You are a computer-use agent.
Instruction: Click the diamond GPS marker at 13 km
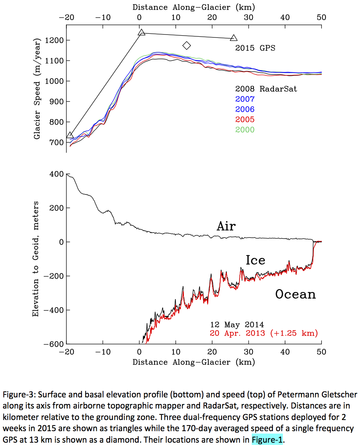pos(187,45)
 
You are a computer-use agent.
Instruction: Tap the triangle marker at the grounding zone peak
pos(141,33)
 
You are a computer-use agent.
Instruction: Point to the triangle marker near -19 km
pos(70,135)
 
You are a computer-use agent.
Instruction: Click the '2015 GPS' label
pos(255,48)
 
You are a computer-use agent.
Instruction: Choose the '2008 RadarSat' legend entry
pos(266,89)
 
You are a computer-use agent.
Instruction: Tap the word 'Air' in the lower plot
pos(226,226)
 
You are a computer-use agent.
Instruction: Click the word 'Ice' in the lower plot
pos(255,260)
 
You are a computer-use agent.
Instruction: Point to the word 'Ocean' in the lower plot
pos(295,294)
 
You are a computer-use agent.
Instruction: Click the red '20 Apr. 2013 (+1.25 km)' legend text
pos(264,333)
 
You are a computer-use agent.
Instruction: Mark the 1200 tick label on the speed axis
pos(52,40)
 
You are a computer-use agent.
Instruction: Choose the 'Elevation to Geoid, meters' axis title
pos(36,259)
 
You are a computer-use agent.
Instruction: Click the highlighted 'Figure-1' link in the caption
pos(267,440)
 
